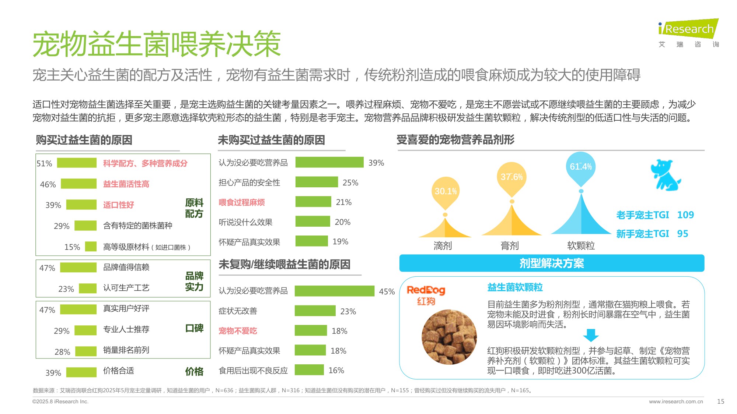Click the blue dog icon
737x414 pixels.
(665, 175)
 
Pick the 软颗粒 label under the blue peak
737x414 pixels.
(581, 245)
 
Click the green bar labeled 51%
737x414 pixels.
(77, 163)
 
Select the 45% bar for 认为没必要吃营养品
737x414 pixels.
(334, 291)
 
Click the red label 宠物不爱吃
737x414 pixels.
(238, 331)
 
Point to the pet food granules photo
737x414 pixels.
(449, 337)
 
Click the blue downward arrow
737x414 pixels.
(591, 335)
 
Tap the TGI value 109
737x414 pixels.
(685, 215)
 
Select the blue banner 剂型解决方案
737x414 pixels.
(552, 263)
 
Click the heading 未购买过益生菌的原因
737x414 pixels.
(271, 140)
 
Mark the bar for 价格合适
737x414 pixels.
(81, 372)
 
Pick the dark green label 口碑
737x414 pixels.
(194, 328)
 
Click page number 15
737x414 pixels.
(720, 401)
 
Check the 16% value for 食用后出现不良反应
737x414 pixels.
(336, 371)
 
